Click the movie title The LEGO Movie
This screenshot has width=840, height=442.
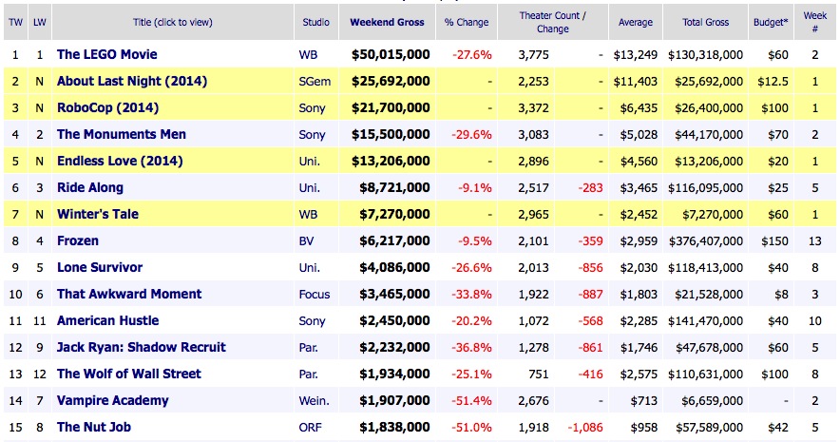pyautogui.click(x=106, y=54)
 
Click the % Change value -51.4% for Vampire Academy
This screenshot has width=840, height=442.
pyautogui.click(x=470, y=400)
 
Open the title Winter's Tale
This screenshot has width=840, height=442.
pyautogui.click(x=97, y=214)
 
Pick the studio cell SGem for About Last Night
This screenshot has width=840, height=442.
pyautogui.click(x=316, y=81)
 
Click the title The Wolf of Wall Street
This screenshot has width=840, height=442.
pyautogui.click(x=128, y=374)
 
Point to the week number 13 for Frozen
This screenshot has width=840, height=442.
pyautogui.click(x=814, y=240)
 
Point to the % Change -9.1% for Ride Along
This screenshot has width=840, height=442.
pyautogui.click(x=474, y=187)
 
